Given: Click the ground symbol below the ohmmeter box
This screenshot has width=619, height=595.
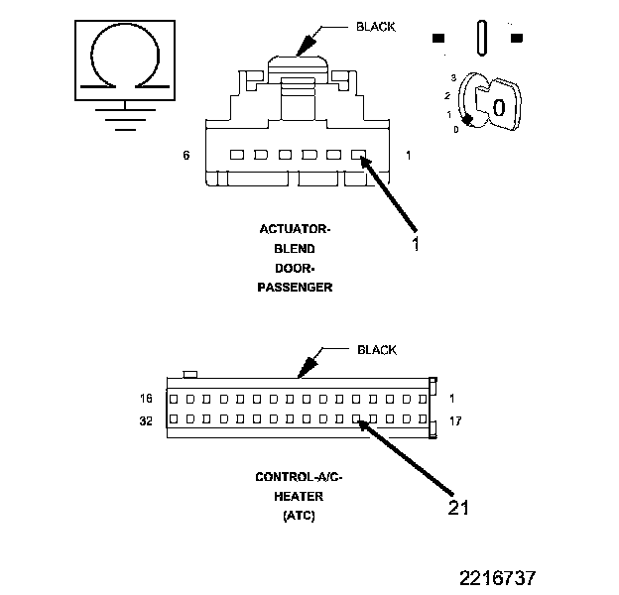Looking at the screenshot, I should (x=122, y=118).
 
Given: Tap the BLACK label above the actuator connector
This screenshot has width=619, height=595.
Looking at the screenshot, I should (x=377, y=27).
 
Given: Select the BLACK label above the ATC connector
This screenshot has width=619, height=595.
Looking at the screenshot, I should (x=377, y=350).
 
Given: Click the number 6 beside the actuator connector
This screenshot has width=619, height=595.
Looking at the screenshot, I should (x=186, y=156).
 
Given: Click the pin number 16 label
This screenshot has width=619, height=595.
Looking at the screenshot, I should (x=147, y=399).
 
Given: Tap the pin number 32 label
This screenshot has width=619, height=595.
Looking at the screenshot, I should (x=147, y=420).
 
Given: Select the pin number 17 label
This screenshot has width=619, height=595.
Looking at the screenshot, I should (x=455, y=420).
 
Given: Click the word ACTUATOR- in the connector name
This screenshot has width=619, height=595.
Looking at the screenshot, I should (x=295, y=230).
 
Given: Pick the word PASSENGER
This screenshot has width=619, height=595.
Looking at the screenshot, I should (x=295, y=288).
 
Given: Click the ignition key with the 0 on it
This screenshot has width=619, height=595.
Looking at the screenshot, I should (x=493, y=104).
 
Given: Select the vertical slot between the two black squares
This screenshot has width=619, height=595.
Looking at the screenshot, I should (x=481, y=38).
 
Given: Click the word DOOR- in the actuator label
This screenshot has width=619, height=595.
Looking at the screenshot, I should (x=295, y=269).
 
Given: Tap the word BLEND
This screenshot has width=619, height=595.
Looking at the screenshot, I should (x=295, y=249).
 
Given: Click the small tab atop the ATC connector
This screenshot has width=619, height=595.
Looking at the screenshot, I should (x=191, y=373).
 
